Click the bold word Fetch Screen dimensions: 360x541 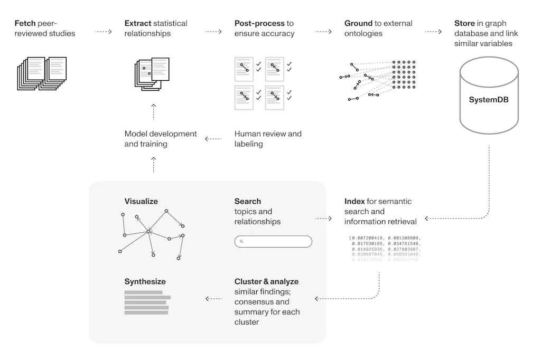click(x=25, y=23)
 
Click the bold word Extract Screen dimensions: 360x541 click(x=138, y=23)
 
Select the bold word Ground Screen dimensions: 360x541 click(x=358, y=23)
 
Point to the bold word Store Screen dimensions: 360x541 click(x=465, y=23)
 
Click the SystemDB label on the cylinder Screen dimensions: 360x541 click(x=489, y=99)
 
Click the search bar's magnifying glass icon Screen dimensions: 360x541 click(x=241, y=242)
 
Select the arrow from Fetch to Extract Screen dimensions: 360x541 click(x=104, y=32)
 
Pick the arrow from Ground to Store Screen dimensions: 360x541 click(x=433, y=32)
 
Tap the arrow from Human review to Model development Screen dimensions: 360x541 click(x=213, y=139)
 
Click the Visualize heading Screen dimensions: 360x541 click(x=141, y=201)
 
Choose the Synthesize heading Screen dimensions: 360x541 click(x=145, y=281)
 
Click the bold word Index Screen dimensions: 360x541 click(x=355, y=201)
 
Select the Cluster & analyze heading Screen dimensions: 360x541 click(x=266, y=281)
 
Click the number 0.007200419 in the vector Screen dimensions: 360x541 click(x=368, y=238)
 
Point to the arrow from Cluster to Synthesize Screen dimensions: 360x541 click(x=213, y=299)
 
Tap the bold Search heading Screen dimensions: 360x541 click(x=248, y=201)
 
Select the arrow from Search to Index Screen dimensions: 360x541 click(x=323, y=218)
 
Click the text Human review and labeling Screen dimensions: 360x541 click(x=268, y=139)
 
